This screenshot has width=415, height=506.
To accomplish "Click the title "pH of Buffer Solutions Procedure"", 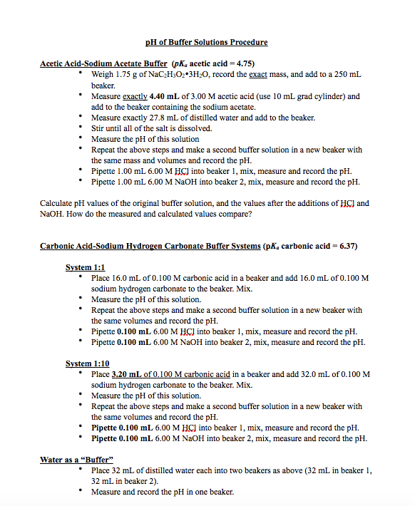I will tap(207, 43).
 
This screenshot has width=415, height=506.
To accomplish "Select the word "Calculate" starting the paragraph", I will tap(58, 203).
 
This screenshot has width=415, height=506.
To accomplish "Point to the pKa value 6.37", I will tap(345, 246).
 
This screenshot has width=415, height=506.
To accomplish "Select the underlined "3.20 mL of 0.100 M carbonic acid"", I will tap(170, 374).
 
